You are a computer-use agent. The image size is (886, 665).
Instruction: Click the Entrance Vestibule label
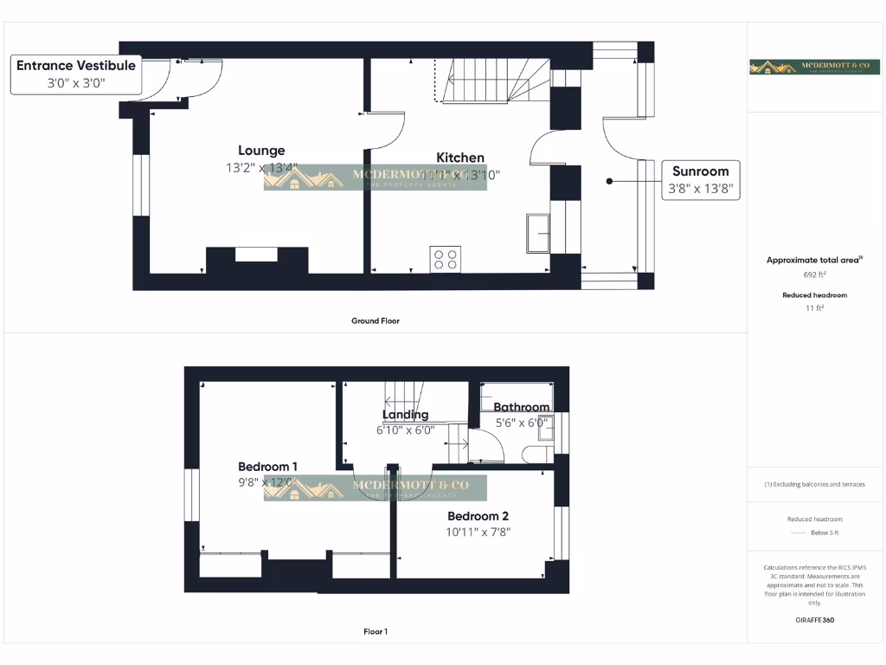point(76,66)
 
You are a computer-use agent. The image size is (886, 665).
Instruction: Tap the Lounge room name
point(261,151)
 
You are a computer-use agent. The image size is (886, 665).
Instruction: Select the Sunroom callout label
point(701,171)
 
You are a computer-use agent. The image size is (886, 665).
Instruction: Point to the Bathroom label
point(521,407)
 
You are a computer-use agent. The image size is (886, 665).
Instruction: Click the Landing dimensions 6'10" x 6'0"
point(405,429)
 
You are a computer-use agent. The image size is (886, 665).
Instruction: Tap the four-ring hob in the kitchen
point(446,259)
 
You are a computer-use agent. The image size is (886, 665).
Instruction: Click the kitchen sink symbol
point(537,233)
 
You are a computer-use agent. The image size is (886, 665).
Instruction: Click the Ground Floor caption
point(376,320)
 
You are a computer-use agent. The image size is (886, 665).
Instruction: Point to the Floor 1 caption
point(376,631)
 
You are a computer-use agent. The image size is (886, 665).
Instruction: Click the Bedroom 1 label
point(268,467)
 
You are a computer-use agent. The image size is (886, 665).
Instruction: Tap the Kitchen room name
point(460,158)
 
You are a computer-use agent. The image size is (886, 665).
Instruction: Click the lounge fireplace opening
point(257,254)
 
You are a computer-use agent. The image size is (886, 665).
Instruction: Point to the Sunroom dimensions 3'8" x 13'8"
point(701,189)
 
